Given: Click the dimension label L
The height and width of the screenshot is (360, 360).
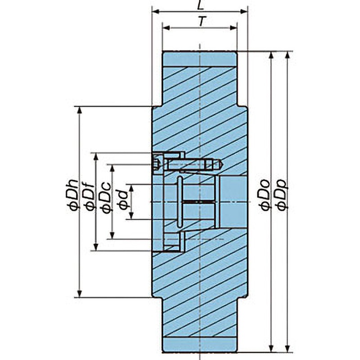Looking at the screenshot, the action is tap(200, 5).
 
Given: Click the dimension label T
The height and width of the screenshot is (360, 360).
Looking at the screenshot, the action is tap(202, 22).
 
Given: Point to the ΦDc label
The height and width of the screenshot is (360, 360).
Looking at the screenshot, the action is tap(107, 198).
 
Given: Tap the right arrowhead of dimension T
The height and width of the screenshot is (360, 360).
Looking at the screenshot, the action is tap(233, 28).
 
